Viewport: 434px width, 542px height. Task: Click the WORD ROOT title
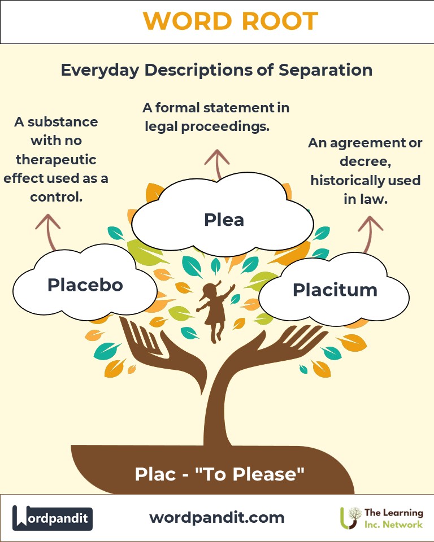pos(231,22)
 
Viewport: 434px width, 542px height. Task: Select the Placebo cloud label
pos(85,285)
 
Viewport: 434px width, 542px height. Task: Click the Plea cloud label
pos(224,219)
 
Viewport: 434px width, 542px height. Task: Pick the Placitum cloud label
pos(335,290)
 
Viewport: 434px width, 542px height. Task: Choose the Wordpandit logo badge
pos(53,518)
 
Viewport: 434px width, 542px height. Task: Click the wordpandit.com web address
pos(217,517)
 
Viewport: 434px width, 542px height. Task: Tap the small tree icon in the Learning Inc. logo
pos(353,517)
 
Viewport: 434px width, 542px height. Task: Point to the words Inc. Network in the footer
pos(393,524)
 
